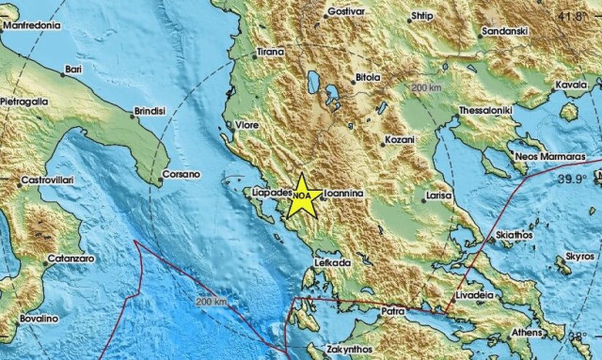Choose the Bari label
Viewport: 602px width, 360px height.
click(73, 69)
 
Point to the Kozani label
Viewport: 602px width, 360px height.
click(399, 142)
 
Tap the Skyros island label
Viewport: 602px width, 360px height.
click(580, 256)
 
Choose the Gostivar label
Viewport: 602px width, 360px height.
click(343, 14)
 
